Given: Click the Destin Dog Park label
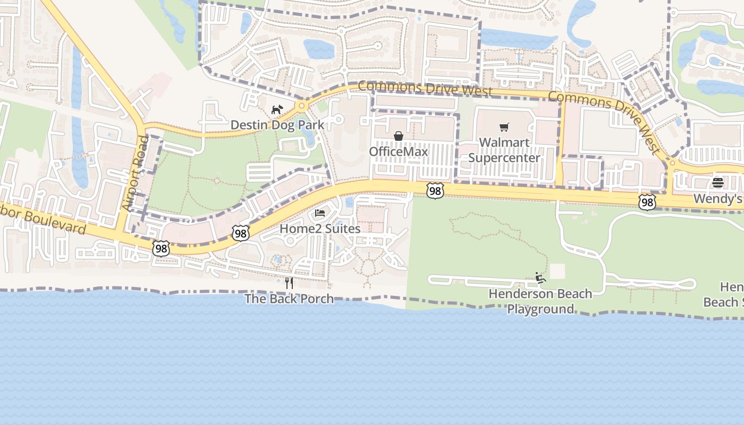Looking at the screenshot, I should (277, 125).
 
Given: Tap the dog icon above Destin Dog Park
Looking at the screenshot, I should (277, 110).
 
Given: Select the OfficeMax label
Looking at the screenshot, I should (399, 152).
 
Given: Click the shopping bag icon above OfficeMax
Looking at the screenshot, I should (399, 137).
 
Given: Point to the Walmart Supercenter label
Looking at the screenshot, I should (504, 150).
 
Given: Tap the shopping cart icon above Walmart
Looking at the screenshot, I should (504, 127).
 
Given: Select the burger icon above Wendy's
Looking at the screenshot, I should (718, 183).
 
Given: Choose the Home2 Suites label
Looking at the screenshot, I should (320, 228).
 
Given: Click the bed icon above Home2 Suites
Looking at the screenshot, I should (320, 213).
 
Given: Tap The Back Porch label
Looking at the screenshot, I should (289, 299).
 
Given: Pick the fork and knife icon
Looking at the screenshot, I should (289, 283).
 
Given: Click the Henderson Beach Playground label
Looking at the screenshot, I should (540, 301).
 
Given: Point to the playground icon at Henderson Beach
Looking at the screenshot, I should (540, 278).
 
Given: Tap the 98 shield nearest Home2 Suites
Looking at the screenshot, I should (241, 233).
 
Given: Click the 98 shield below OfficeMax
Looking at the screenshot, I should (435, 191).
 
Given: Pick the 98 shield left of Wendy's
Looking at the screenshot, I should (647, 202).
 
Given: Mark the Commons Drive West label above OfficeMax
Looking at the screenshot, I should (425, 88).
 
